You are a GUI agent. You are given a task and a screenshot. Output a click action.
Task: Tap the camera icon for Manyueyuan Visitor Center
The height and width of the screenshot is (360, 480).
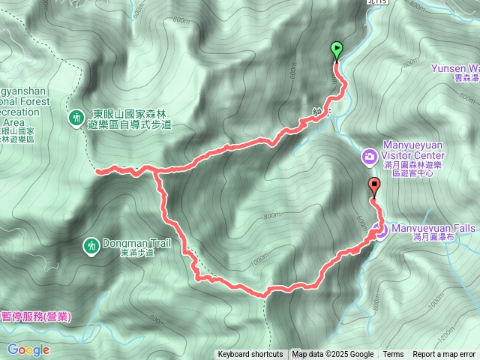(369, 156)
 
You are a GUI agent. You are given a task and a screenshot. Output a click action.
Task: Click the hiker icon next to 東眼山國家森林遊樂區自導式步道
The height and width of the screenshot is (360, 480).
(76, 117)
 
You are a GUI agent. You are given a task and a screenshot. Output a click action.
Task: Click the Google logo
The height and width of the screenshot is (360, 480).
(28, 349)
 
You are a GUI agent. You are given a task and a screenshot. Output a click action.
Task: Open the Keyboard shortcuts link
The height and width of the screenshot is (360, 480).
(250, 355)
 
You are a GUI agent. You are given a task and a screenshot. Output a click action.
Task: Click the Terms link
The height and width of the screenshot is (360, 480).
(393, 355)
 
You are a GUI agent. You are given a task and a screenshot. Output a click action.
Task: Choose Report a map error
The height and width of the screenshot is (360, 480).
(444, 355)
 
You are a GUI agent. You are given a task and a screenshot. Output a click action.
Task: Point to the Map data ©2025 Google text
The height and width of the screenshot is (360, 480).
(333, 355)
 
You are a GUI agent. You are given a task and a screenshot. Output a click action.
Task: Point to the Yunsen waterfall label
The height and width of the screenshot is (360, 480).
(454, 68)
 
